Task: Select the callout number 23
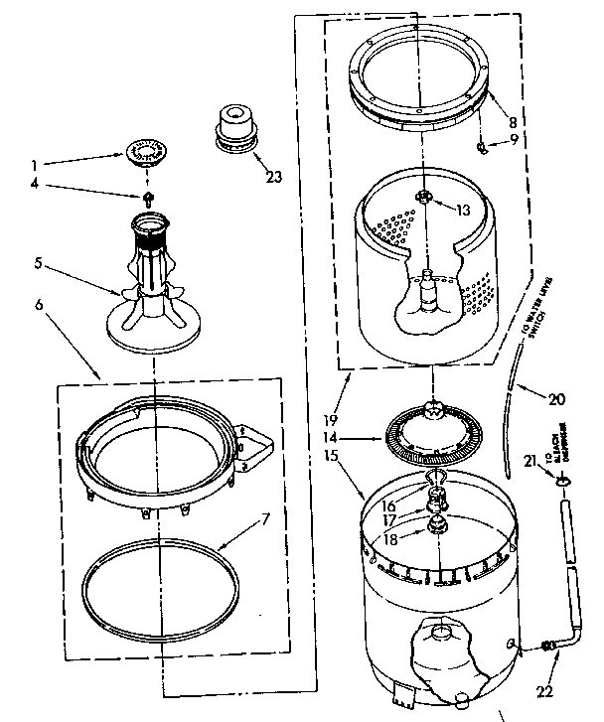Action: pos(273,178)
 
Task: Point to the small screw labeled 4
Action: pos(148,198)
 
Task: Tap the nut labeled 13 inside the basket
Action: pos(424,197)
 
